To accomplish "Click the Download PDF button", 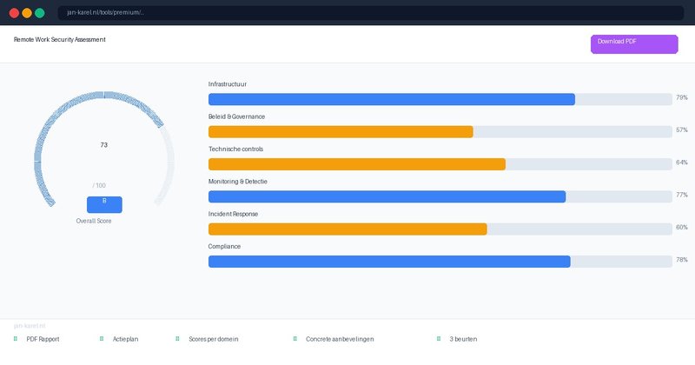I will (634, 43).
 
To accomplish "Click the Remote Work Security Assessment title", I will (60, 40).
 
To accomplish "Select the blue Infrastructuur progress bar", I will (392, 99).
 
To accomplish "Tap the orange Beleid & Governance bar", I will (341, 132).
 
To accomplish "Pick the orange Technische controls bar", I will (357, 164).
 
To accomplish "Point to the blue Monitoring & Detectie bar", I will (387, 196).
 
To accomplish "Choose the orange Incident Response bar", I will (347, 229).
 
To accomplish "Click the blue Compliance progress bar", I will (389, 262).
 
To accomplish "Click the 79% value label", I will (682, 98).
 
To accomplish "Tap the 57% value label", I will (682, 130).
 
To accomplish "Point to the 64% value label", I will (682, 163).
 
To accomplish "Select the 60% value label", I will (682, 228).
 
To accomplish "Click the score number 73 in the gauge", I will (104, 145).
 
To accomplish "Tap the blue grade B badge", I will (104, 204).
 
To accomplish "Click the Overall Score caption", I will (94, 222).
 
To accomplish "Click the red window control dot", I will (14, 13).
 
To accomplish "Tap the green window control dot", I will (39, 13).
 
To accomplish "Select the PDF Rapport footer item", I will (43, 339).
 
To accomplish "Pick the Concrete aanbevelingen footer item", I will (340, 339).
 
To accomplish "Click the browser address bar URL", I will (106, 13).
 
